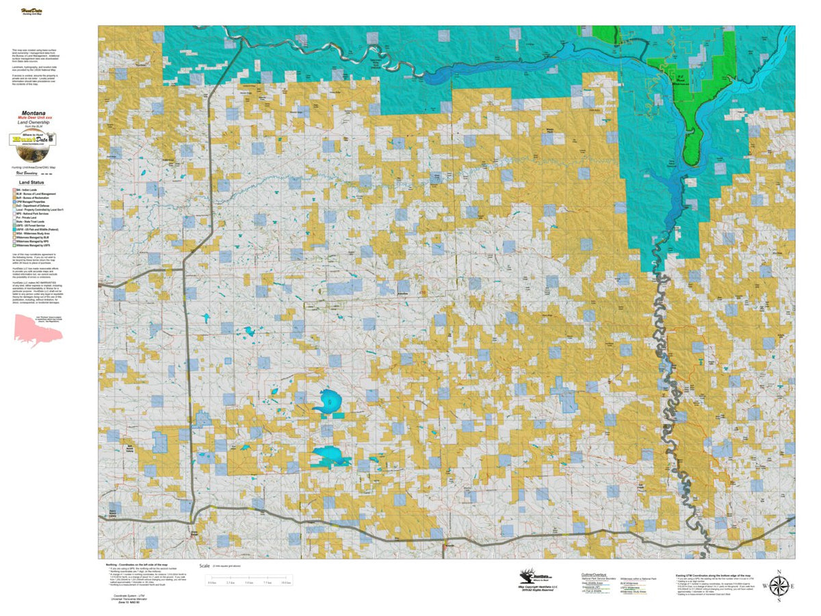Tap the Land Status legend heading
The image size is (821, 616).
click(x=32, y=183)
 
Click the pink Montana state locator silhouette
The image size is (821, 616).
click(x=38, y=333)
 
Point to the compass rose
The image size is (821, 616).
click(x=779, y=586)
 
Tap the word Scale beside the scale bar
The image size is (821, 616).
click(x=204, y=566)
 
